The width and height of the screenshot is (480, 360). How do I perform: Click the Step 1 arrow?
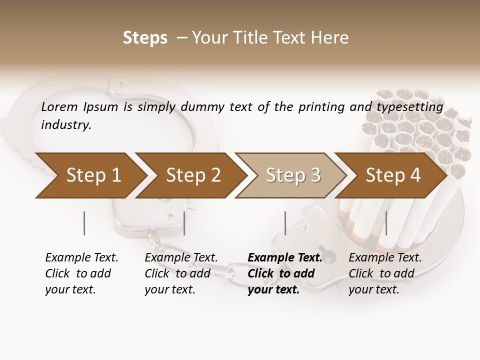coord(90,175)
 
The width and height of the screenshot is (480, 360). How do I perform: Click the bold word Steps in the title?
coord(145,38)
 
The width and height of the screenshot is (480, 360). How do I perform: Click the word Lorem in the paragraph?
coord(59,107)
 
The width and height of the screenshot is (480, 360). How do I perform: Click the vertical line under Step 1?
coord(84,223)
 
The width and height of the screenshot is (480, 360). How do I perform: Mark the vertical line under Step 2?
coord(184,223)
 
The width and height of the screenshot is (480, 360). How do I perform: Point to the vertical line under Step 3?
coord(285,223)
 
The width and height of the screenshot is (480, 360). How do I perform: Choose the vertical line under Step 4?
coord(386,223)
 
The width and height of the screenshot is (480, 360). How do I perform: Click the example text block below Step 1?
coord(81,273)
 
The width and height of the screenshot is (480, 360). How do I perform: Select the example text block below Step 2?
coord(181,273)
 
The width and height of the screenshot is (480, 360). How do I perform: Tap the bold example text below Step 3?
coord(284,273)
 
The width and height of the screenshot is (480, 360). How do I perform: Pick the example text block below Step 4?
coord(385,273)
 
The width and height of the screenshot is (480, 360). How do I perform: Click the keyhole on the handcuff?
coord(328,255)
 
